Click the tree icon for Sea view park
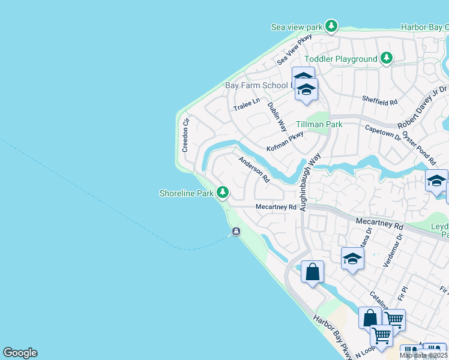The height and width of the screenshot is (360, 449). click(331, 26)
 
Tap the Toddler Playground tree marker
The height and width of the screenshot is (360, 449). click(387, 58)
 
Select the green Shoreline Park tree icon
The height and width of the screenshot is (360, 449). click(223, 193)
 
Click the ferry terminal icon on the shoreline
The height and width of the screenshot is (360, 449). click(236, 232)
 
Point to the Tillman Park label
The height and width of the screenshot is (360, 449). click(319, 124)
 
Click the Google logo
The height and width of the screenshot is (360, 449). click(20, 353)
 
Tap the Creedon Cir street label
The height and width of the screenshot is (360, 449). click(185, 134)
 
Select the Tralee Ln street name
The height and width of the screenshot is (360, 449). click(247, 104)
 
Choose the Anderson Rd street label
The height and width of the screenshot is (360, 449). click(255, 169)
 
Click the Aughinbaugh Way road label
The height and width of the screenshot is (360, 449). click(308, 184)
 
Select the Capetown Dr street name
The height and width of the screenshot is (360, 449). click(382, 132)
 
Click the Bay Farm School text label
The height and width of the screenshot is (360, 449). click(257, 85)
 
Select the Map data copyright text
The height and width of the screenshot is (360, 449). click(424, 355)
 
